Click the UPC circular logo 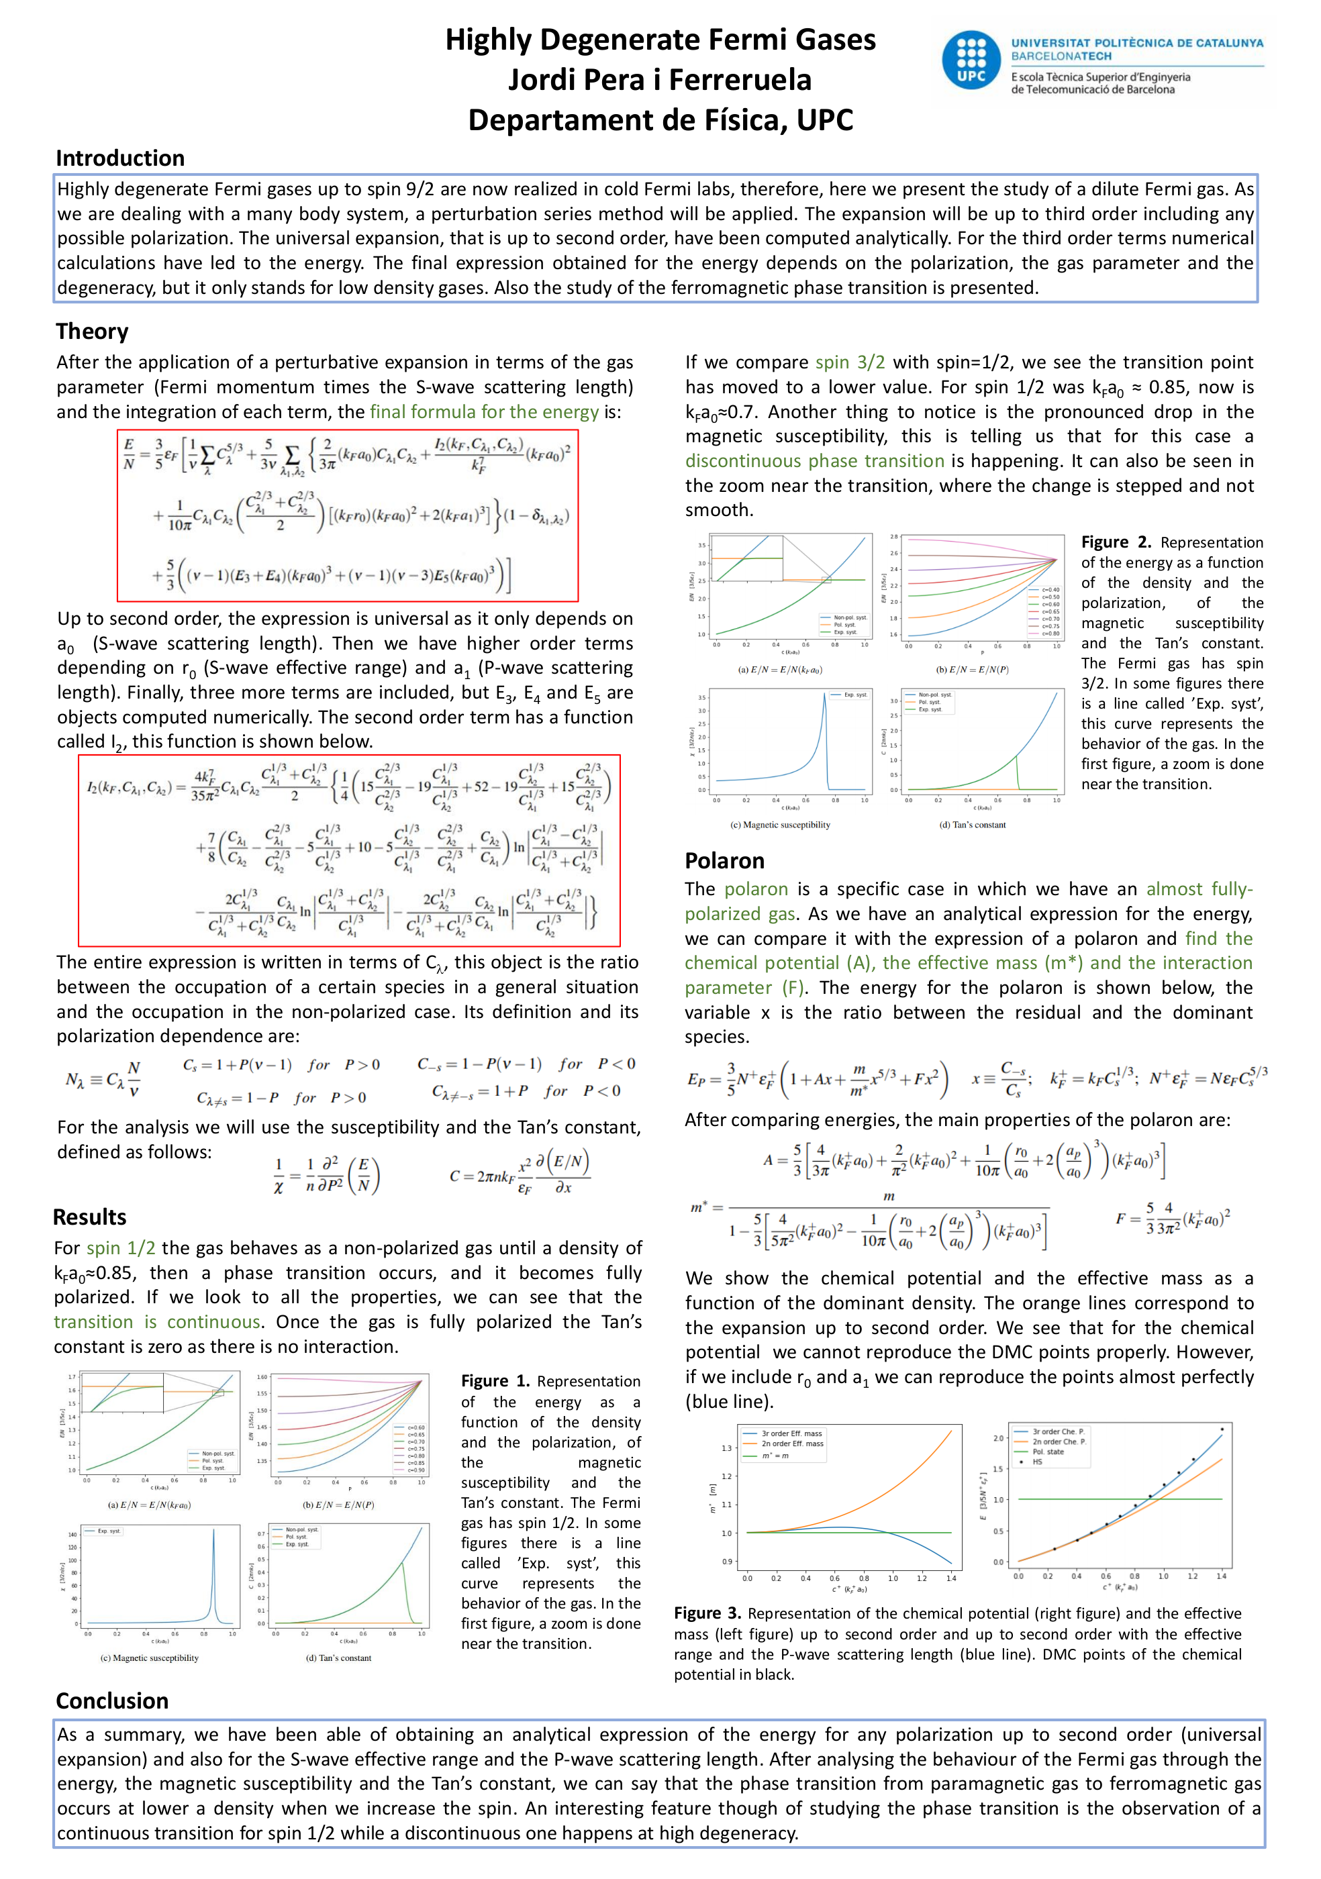[971, 60]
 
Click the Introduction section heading [120, 158]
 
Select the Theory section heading [93, 332]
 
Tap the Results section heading [90, 1217]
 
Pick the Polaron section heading [724, 861]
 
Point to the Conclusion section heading [112, 1700]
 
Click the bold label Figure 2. [1116, 542]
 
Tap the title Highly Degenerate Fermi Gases [660, 40]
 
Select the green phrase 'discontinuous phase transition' [814, 461]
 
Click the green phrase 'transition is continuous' [157, 1322]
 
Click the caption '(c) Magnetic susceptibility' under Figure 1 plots [149, 1658]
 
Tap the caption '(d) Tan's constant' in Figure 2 [973, 825]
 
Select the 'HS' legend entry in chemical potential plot [1037, 1462]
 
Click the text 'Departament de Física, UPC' [660, 120]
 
